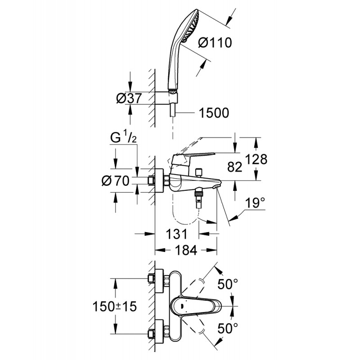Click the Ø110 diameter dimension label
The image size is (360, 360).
pos(215,43)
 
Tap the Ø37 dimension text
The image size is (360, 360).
pos(129,99)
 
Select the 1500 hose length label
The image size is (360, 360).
pos(214,113)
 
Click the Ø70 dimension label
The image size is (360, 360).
pos(116,181)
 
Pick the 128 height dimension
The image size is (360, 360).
pos(256,159)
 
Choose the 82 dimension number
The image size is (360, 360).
pos(234,167)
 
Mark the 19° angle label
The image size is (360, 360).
pos(255,203)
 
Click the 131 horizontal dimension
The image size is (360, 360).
pos(176,234)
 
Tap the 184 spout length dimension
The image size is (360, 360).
pos(186,250)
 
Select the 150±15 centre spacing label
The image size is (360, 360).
pos(115,306)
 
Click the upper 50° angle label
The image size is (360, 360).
pos(228,284)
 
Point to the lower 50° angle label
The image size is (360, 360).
pos(228,328)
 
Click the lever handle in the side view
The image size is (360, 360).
pos(193,158)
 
